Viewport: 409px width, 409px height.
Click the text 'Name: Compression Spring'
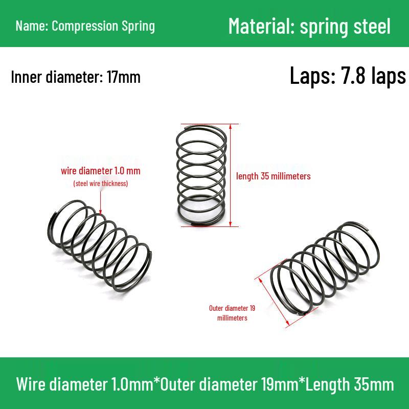tap(85, 26)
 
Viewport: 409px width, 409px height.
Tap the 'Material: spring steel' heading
tap(309, 26)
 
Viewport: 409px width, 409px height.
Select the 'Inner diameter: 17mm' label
tap(76, 77)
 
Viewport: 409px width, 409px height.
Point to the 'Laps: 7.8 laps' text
tap(348, 75)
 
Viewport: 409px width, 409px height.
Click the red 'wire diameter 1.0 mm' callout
tap(101, 171)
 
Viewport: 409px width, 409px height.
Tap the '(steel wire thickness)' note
tap(101, 184)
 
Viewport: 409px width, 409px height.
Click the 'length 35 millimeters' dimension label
tap(274, 176)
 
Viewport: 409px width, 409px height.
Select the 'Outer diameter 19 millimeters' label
tap(232, 313)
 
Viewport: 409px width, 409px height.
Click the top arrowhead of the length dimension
tap(231, 126)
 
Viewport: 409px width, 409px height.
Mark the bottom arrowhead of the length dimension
tap(231, 224)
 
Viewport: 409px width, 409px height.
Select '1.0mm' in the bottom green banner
tap(132, 384)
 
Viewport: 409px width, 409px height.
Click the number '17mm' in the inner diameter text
tap(124, 77)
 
